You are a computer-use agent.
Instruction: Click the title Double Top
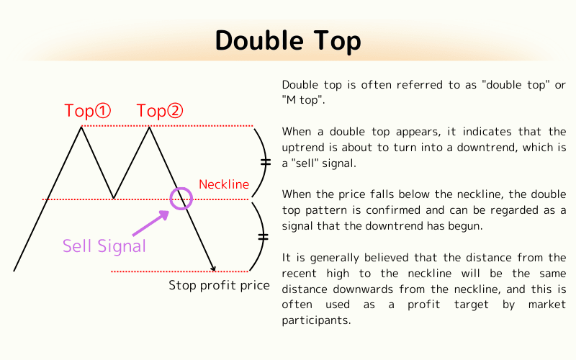[x=288, y=42]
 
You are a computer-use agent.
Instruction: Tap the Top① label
[x=88, y=111]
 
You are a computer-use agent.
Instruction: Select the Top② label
[x=160, y=111]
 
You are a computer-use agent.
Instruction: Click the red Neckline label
[x=224, y=184]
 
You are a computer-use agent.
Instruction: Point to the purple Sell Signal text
[x=104, y=246]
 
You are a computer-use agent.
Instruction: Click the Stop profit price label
[x=219, y=285]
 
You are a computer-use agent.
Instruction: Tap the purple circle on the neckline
[x=181, y=198]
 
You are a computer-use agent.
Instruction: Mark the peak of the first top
[x=81, y=127]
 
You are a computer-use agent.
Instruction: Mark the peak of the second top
[x=149, y=127]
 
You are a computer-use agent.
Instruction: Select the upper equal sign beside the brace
[x=265, y=163]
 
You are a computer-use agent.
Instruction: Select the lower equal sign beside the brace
[x=263, y=236]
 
